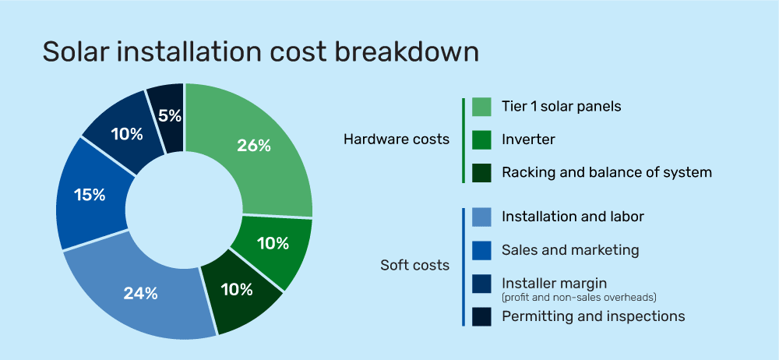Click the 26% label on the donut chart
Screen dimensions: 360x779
(x=254, y=146)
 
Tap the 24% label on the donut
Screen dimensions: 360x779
(x=140, y=294)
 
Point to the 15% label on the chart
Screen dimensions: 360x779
(x=89, y=195)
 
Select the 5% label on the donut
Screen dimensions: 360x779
(x=169, y=116)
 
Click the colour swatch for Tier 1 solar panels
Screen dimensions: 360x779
(x=481, y=107)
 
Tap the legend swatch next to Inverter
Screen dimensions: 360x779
(x=481, y=139)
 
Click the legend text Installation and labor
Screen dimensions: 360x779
(x=573, y=217)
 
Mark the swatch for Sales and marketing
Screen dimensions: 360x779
(x=481, y=250)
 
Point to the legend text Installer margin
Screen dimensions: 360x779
(x=554, y=283)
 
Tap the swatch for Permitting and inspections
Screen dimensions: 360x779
(x=481, y=316)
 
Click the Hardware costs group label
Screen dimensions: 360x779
(x=397, y=139)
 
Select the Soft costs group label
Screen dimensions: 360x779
(x=414, y=265)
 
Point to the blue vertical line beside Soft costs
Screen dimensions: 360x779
(x=463, y=266)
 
